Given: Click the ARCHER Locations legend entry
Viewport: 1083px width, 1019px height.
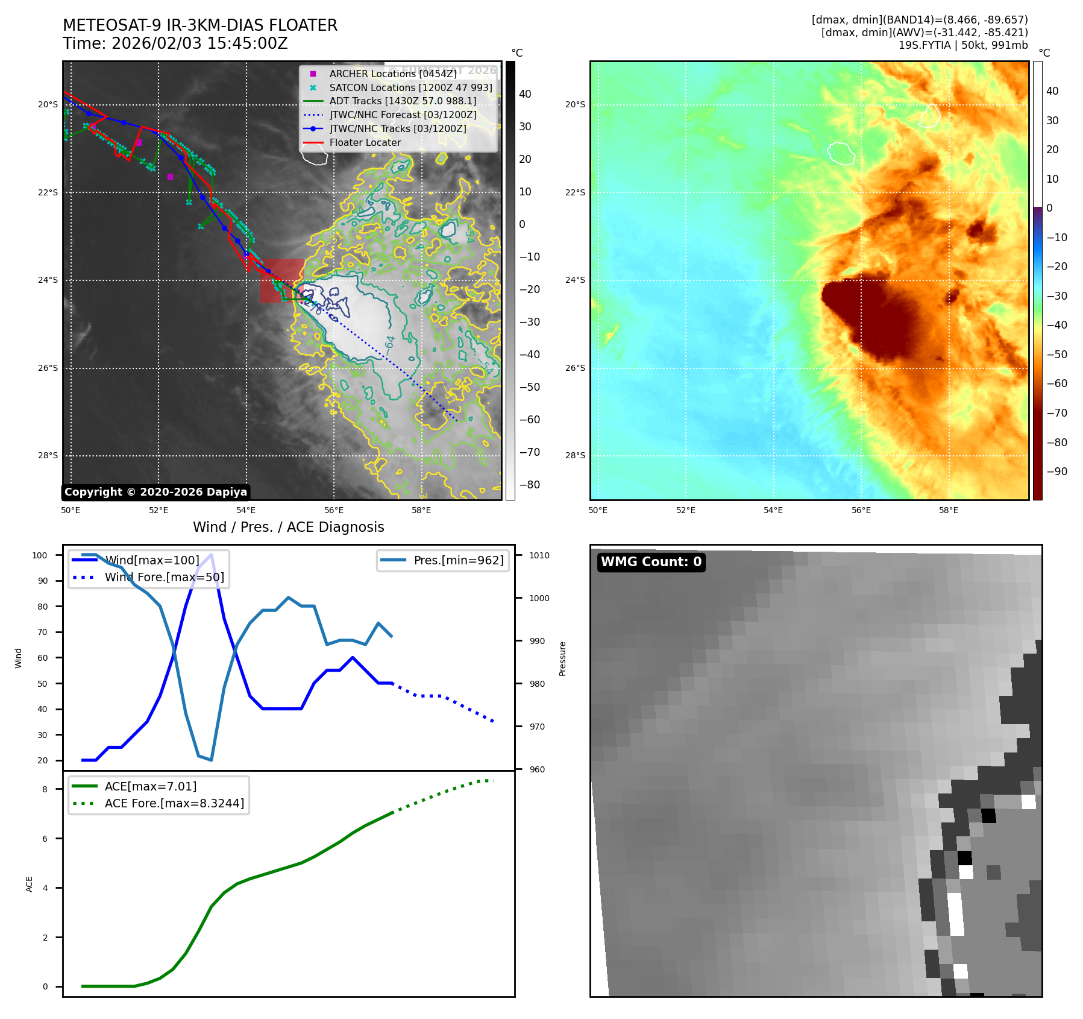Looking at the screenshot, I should (x=392, y=74).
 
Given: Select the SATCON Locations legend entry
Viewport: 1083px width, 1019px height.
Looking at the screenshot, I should (x=410, y=87).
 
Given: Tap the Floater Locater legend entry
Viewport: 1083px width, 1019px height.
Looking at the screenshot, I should (x=365, y=142).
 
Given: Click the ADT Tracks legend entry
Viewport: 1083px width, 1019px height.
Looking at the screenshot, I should (x=403, y=101).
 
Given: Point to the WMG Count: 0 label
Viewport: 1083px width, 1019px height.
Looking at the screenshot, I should (x=651, y=562).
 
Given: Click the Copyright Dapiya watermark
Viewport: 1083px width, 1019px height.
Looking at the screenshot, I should (x=155, y=492).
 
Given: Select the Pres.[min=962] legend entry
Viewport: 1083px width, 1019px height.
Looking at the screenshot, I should (x=458, y=560).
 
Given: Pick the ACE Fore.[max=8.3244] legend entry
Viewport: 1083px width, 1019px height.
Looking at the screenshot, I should (x=174, y=803).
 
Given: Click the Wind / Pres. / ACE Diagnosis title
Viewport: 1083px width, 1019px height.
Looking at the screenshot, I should (x=288, y=527).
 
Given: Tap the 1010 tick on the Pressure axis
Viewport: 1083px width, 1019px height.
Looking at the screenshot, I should (x=539, y=555).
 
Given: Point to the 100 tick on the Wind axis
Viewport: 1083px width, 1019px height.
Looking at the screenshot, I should (x=40, y=555).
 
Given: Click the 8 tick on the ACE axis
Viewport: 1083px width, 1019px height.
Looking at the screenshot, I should (x=45, y=789).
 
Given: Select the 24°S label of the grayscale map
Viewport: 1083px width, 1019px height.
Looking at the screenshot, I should (x=48, y=280).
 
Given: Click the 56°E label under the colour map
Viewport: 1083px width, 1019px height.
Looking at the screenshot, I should (x=861, y=510).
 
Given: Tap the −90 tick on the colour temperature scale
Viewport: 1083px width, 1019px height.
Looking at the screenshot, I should (x=1056, y=472).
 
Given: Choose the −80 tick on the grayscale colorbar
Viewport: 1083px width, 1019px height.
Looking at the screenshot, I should (x=529, y=485).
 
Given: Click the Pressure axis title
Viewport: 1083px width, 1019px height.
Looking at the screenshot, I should (x=562, y=658).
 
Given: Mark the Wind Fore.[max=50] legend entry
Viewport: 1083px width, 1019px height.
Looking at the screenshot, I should (x=164, y=577).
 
